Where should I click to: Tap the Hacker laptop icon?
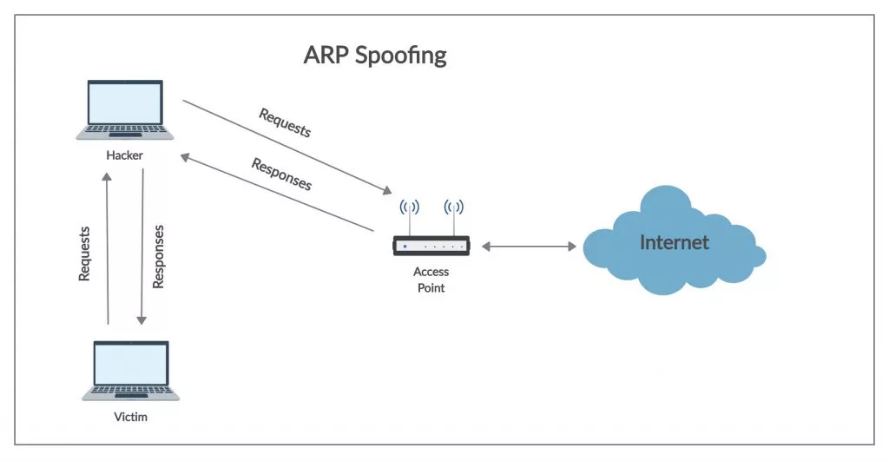125,109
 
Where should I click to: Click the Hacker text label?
125,155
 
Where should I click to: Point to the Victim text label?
131,417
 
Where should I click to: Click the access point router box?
431,247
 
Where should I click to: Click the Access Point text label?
431,280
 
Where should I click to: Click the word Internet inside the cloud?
674,242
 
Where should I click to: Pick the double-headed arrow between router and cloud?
529,247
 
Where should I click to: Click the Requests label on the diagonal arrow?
285,122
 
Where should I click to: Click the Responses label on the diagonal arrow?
281,174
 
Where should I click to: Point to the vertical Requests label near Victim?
84,254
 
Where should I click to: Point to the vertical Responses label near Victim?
158,256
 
